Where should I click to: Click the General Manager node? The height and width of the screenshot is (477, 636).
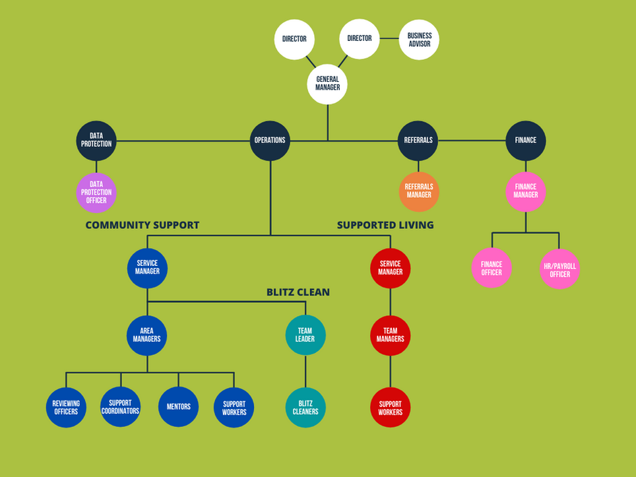point(327,84)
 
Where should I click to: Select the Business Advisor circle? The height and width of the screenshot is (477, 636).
point(419,40)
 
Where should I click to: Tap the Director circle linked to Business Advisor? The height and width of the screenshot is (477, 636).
point(360,38)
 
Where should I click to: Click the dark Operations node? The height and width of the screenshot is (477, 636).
point(270,141)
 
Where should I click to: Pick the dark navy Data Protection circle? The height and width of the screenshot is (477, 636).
point(96,141)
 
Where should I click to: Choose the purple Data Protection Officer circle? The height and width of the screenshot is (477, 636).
point(96,193)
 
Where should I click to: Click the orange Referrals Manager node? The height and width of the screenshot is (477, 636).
point(418,191)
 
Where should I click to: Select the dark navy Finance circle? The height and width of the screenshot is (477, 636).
point(526,141)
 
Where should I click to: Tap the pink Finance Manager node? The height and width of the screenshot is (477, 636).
point(526,191)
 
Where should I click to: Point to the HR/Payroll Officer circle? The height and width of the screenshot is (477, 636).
point(559,269)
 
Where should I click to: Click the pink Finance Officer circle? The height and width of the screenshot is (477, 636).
point(492,268)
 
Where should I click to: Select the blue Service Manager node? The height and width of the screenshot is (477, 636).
point(147,268)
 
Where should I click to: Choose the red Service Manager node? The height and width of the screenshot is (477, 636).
point(390,268)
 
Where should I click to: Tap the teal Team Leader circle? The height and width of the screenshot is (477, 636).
point(305,335)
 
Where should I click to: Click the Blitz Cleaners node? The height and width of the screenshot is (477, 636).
point(305,407)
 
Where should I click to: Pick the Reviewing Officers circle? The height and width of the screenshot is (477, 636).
point(66,407)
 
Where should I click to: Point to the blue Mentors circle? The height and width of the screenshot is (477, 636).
point(178,407)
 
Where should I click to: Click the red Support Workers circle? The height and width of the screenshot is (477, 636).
point(390,407)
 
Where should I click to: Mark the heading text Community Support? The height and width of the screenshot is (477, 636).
point(143,225)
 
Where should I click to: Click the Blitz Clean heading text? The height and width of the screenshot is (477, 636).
point(298,292)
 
